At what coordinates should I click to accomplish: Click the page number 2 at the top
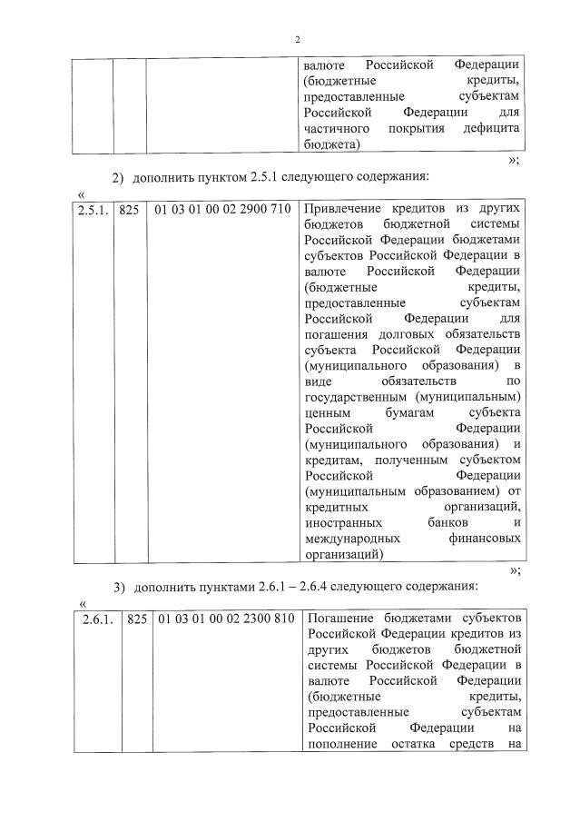(x=297, y=39)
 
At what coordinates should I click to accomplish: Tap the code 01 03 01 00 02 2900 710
(x=222, y=210)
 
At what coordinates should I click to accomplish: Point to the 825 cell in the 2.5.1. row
(x=129, y=210)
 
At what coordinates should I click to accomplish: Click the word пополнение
(x=340, y=747)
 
